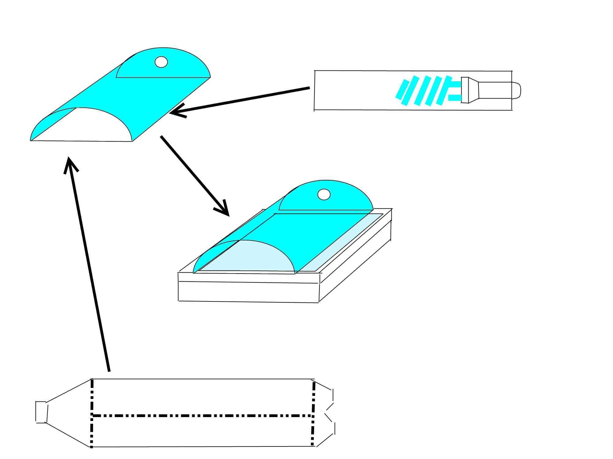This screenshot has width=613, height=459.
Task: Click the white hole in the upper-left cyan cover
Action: point(161,62)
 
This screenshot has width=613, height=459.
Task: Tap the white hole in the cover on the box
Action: point(324,194)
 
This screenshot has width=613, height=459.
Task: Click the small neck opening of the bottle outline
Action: point(41,412)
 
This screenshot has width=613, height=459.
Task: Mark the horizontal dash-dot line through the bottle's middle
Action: point(202,416)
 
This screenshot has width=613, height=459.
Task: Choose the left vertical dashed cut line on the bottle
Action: point(92,413)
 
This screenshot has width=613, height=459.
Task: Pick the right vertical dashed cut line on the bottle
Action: point(313,413)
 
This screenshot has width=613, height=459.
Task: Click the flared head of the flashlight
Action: point(470,90)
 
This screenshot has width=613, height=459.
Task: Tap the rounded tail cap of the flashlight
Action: point(516,91)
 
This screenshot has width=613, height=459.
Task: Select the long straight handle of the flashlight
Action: point(495,90)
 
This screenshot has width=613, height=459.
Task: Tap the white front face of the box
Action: point(248,292)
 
